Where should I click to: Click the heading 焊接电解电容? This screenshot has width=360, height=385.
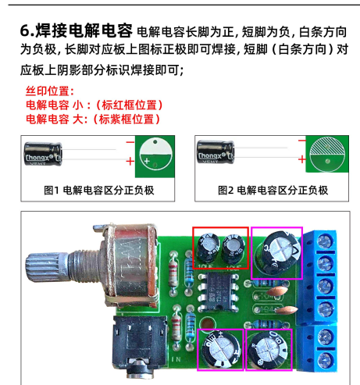(x=84, y=30)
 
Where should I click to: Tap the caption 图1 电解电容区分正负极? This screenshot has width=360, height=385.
(x=99, y=191)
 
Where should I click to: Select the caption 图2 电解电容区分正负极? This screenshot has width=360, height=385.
(x=273, y=191)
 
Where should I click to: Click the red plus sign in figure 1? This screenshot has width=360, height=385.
(x=130, y=162)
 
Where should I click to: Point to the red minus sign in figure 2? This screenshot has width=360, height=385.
(x=302, y=141)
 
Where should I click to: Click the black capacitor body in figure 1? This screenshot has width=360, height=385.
(x=43, y=154)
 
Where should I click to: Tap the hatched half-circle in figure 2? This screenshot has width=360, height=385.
(x=327, y=146)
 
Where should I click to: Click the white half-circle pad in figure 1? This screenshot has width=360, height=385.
(x=155, y=146)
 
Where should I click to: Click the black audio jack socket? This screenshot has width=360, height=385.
(x=140, y=344)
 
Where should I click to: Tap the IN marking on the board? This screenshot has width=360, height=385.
(x=176, y=359)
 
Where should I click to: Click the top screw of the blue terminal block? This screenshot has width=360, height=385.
(x=325, y=241)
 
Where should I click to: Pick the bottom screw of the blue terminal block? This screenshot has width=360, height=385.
(x=325, y=360)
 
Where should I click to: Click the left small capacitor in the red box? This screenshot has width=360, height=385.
(x=208, y=248)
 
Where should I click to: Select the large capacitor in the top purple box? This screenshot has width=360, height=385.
(x=278, y=251)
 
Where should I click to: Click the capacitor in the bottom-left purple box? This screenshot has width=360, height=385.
(x=222, y=350)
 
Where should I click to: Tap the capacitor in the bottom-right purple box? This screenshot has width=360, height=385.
(x=268, y=350)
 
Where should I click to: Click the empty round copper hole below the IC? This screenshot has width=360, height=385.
(x=208, y=323)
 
